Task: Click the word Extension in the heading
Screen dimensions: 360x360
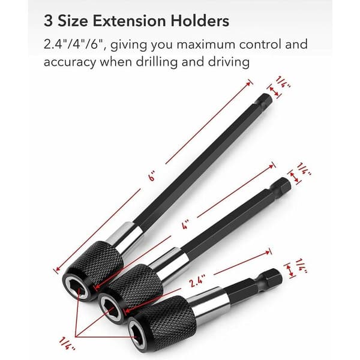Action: pyautogui.click(x=129, y=21)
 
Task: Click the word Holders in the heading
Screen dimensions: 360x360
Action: pyautogui.click(x=200, y=21)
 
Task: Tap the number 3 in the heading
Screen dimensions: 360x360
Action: pyautogui.click(x=48, y=21)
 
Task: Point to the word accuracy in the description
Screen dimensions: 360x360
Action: pyautogui.click(x=70, y=62)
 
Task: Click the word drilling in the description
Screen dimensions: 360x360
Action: pyautogui.click(x=157, y=62)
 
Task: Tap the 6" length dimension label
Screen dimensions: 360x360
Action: pyautogui.click(x=152, y=176)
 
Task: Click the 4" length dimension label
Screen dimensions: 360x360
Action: pyautogui.click(x=185, y=224)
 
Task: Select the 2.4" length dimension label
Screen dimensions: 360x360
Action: pyautogui.click(x=197, y=281)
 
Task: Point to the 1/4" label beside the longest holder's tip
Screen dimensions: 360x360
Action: pyautogui.click(x=283, y=82)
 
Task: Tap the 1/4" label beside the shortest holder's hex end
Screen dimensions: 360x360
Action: pyautogui.click(x=301, y=266)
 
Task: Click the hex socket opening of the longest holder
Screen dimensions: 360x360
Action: pyautogui.click(x=77, y=287)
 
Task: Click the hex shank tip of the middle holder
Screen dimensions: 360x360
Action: pyautogui.click(x=284, y=185)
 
